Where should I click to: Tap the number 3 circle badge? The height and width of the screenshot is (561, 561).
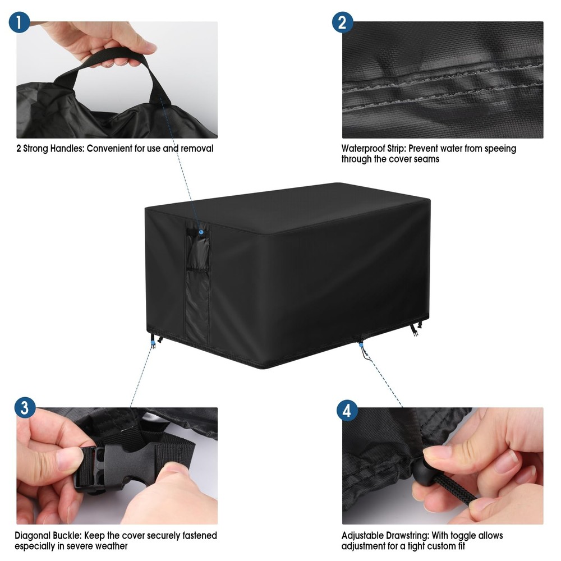24,408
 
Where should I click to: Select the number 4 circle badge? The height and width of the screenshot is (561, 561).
347,411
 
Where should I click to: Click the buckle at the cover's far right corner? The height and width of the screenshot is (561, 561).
416,331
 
